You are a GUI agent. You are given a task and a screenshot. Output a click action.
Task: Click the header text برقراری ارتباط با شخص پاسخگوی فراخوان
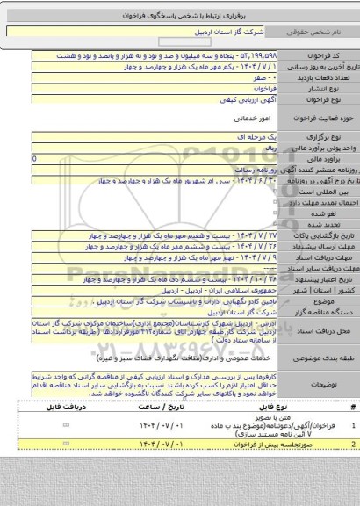point(180,8)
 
